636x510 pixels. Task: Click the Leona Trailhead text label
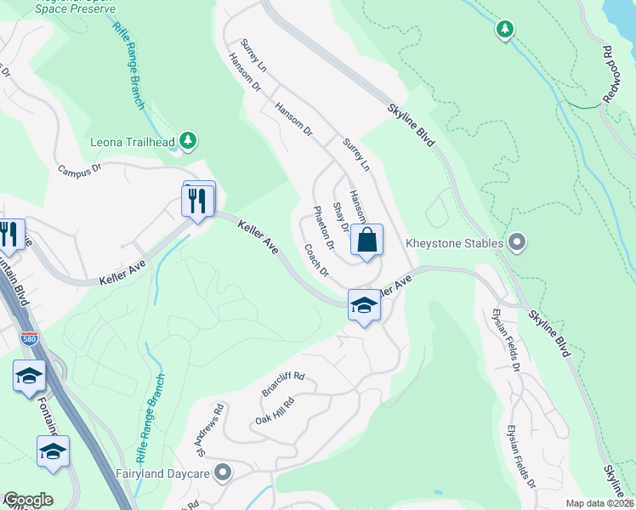click(132, 142)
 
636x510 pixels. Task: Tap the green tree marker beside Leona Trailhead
click(190, 141)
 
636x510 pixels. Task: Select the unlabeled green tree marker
click(505, 31)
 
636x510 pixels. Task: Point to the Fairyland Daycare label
click(166, 472)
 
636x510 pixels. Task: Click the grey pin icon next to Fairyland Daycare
click(224, 472)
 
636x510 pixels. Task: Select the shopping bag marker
click(366, 240)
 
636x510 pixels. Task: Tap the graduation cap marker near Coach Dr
click(364, 306)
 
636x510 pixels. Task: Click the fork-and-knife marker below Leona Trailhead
click(197, 201)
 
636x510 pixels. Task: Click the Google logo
click(27, 500)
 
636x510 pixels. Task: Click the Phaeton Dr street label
click(324, 228)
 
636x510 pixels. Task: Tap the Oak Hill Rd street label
click(274, 411)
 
